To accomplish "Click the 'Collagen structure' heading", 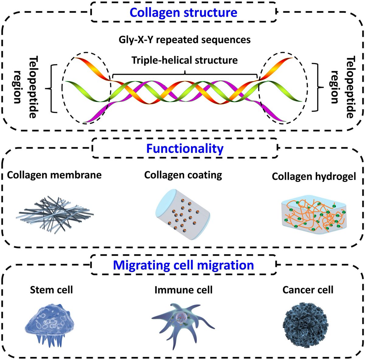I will tap(183, 12).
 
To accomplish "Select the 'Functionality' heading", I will tap(185, 148).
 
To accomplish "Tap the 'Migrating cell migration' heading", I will tap(183, 265).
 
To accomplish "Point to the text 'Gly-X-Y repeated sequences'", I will tap(185, 40).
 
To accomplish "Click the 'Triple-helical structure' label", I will tap(185, 60).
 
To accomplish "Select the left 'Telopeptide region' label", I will tap(26, 87).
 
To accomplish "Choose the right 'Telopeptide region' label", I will tap(342, 87).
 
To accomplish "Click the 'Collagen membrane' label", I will tap(54, 175).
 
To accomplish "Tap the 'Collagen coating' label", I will tap(183, 175).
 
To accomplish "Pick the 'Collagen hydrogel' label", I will tap(314, 177).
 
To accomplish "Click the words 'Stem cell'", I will tap(51, 289).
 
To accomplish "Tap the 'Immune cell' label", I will tap(183, 289).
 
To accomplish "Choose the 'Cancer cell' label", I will tap(308, 289).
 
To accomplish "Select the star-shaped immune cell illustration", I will tap(182, 322).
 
